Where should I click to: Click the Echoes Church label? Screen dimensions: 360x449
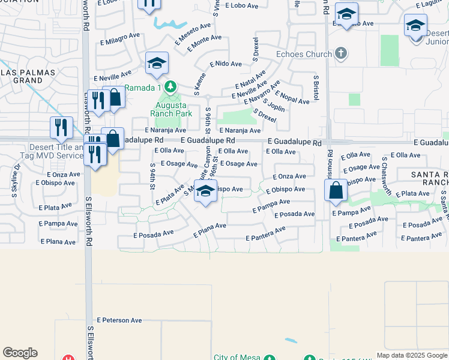coord(303,54)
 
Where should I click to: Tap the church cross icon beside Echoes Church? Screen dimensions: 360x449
coord(341,54)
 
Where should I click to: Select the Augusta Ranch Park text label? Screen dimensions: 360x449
coord(170,107)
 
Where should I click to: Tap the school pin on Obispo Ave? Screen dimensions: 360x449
coord(205,192)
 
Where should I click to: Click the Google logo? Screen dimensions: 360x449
coord(20,353)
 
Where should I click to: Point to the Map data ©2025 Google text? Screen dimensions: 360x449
coord(412,355)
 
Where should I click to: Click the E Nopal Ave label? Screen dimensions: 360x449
coord(292,97)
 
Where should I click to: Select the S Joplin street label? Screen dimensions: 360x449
coord(273,106)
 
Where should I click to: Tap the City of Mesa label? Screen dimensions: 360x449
coord(237,358)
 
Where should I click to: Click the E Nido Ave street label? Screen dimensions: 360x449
coord(225,64)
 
